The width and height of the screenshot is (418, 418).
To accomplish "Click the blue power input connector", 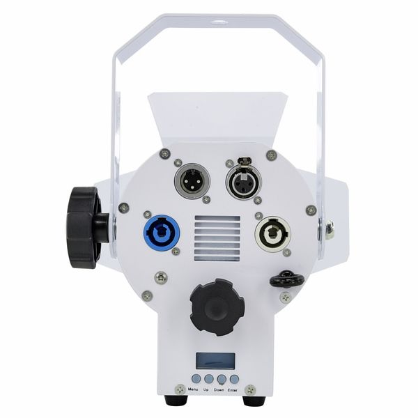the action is (162, 233).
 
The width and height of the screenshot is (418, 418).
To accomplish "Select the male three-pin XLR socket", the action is (192, 181).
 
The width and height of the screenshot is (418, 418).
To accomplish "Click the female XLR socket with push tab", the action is (244, 180).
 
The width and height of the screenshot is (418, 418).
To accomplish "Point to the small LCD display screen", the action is (215, 361).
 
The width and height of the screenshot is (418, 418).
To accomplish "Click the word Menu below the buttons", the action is (193, 389).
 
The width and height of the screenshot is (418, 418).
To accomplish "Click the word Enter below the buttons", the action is (233, 390).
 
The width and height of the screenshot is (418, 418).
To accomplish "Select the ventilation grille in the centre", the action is (217, 238).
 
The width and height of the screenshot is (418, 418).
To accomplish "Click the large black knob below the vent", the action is (217, 307).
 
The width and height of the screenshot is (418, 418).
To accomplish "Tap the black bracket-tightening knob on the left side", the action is (85, 227).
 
